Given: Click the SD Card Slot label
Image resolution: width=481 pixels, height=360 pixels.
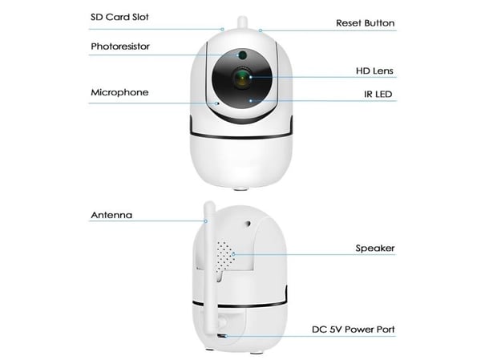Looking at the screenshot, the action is pos(119,17).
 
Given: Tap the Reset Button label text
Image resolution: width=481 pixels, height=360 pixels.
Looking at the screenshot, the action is pos(365,23).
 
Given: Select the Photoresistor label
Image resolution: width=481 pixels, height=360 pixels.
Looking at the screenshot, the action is pos(120,47).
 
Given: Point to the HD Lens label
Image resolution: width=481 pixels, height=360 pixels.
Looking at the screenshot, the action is pos(374,71).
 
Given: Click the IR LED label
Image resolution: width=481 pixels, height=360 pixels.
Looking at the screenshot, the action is pos(378,94).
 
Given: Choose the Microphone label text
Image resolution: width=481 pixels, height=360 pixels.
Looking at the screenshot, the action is pos(119,92).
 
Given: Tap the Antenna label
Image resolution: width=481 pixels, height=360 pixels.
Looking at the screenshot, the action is pos(111,215).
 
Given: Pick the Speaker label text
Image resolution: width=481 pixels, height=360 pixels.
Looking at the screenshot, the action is pos(375,248).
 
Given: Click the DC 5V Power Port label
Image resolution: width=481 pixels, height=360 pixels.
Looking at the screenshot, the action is pos(353,330).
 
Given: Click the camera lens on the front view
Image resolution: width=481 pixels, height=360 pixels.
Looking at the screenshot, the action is pos(242,78).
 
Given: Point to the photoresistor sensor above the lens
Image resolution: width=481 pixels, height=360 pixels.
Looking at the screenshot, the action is pos(243,55).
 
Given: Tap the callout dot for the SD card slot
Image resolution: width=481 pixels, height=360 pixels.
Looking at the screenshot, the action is pos(223,30).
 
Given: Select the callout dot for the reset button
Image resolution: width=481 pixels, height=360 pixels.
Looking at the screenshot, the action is pos(261,30).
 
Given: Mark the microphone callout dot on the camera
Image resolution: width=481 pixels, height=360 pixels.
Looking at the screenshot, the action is pos(217,103).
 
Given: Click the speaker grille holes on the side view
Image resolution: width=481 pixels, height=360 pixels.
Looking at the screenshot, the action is pos(225,257).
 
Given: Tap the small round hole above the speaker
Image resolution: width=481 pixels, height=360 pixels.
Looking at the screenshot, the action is pos(248,224).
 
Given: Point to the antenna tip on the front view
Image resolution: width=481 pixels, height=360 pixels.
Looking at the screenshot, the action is pos(242,18).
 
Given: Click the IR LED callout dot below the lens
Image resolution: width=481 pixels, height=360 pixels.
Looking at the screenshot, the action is pos(251,100).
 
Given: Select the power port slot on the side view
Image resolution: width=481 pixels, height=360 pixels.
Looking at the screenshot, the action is pos(222,336).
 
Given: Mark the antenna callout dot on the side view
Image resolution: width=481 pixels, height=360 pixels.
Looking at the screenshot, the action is pos(206,221).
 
